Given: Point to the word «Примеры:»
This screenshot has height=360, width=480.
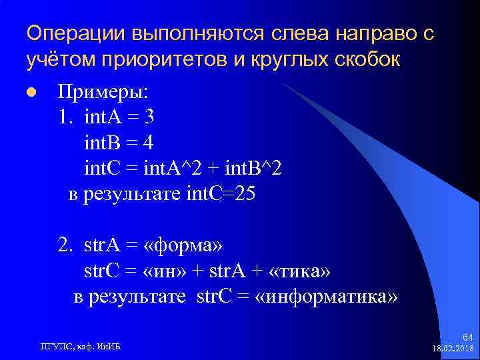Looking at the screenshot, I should pyautogui.click(x=104, y=91).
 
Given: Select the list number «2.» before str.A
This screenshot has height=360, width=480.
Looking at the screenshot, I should pyautogui.click(x=65, y=246).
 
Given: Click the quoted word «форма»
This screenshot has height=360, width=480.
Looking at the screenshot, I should pyautogui.click(x=183, y=246).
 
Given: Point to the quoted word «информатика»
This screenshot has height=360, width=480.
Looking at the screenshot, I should pyautogui.click(x=326, y=297).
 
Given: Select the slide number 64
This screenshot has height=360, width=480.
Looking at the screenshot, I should pyautogui.click(x=466, y=338).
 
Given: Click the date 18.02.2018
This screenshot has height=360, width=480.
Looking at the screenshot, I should pyautogui.click(x=453, y=349).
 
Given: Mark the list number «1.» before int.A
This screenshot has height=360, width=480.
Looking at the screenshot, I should pyautogui.click(x=65, y=117).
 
